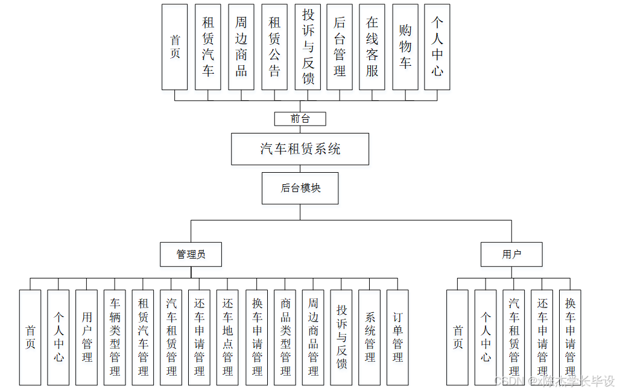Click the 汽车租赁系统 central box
300,149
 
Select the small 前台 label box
300,119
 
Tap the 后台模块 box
300,188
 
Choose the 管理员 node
191,254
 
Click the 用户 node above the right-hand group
511,254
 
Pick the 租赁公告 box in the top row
274,47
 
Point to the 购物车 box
405,47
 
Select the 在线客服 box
372,47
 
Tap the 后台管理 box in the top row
340,47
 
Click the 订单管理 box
397,337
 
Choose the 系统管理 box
370,337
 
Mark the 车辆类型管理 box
115,337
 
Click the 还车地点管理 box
228,337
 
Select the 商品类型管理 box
285,337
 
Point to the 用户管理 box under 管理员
87,337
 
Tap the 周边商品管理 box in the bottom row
313,337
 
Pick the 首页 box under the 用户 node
458,337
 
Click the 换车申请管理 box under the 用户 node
570,337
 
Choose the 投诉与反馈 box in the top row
308,47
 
